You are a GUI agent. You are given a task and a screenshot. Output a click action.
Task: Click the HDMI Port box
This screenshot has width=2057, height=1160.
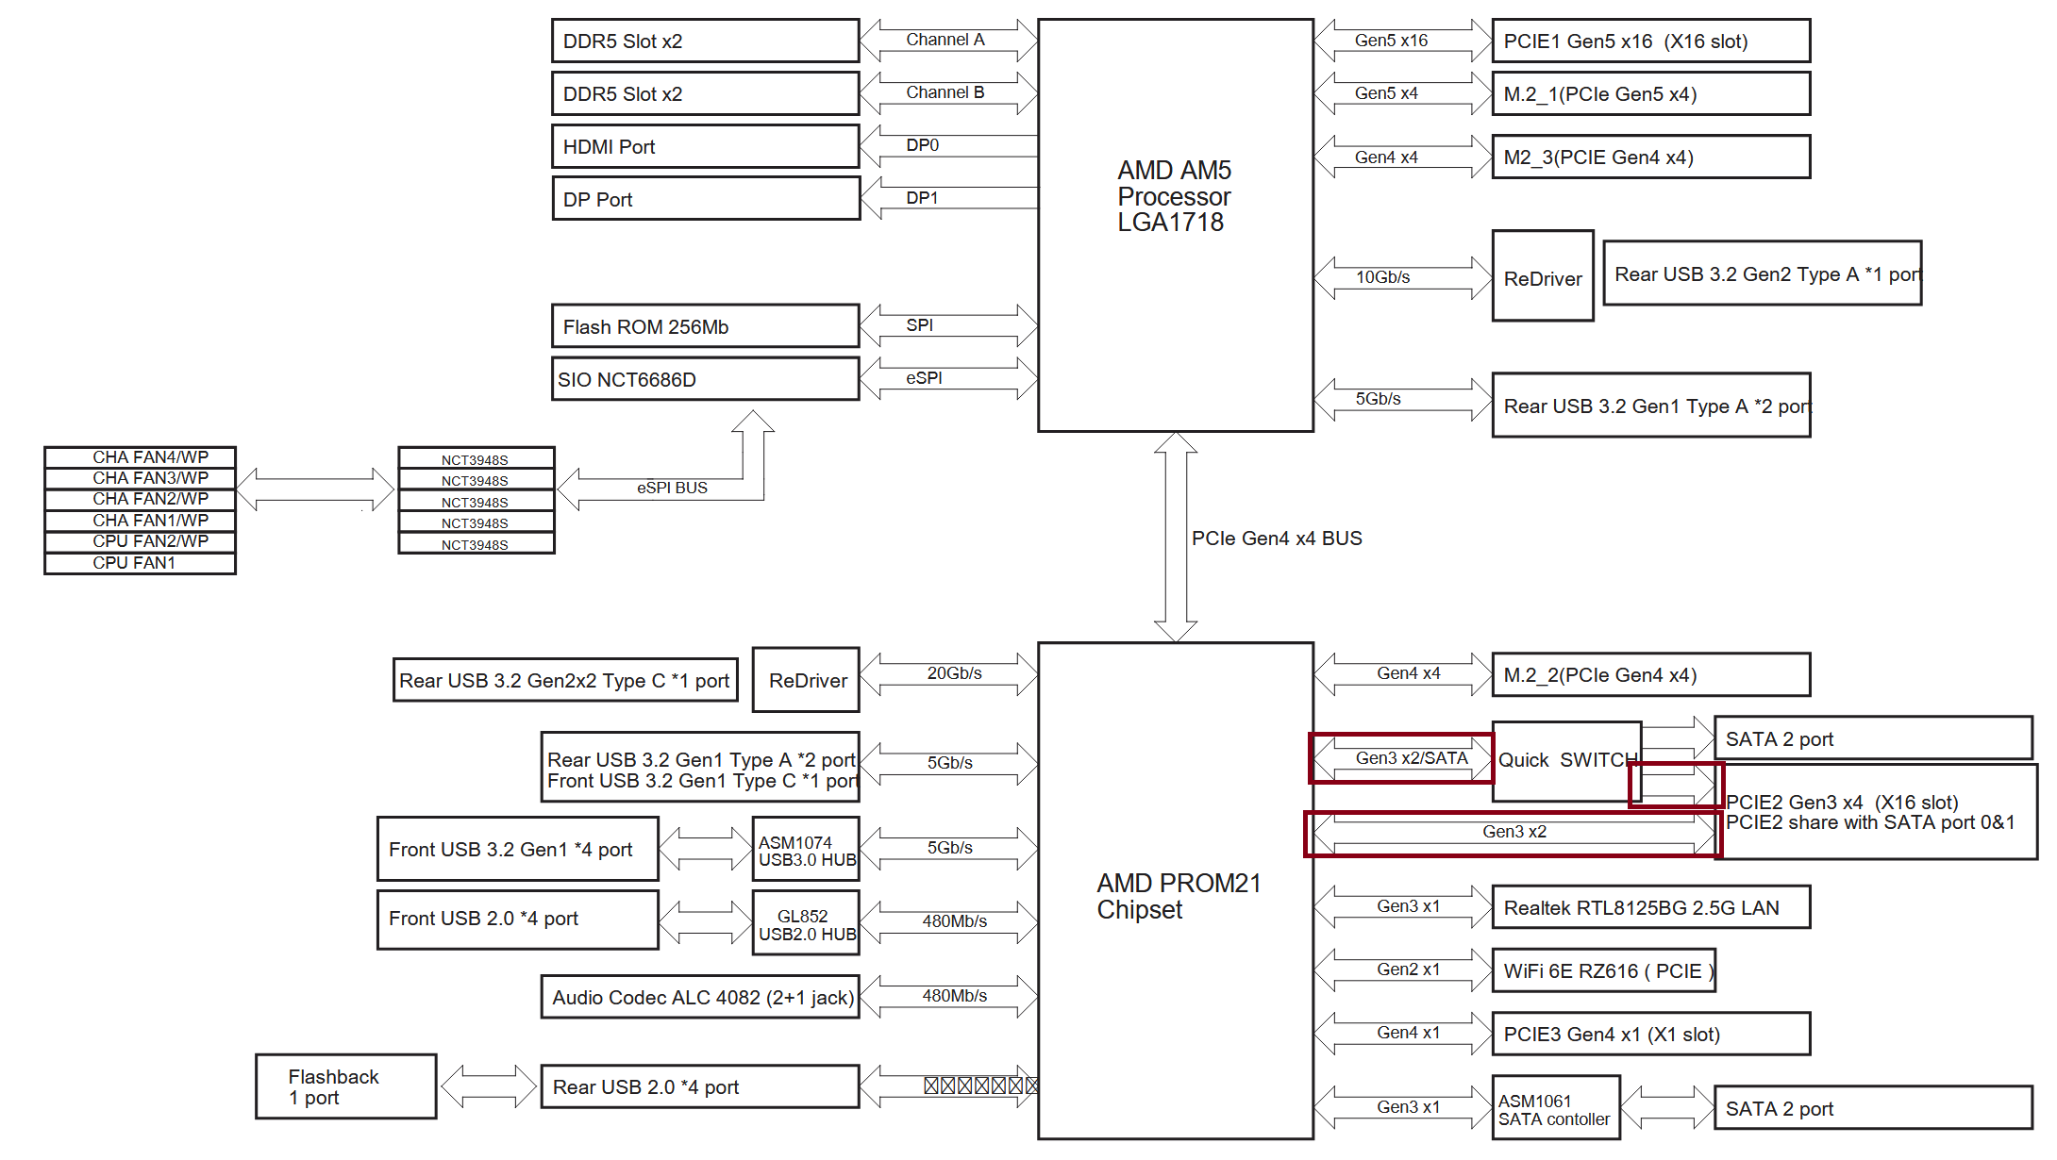[705, 147]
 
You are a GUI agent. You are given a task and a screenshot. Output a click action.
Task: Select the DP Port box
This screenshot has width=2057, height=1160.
[705, 199]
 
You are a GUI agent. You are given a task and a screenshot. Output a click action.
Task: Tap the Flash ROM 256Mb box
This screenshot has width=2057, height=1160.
[705, 326]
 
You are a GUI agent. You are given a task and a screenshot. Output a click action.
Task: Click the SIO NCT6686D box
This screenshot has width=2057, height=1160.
[705, 379]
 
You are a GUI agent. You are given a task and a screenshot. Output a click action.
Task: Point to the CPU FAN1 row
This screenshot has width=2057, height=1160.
[140, 563]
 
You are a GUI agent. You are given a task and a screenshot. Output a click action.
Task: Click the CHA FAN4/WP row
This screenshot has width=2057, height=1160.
[140, 457]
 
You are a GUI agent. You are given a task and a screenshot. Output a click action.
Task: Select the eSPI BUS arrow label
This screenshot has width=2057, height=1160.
[672, 488]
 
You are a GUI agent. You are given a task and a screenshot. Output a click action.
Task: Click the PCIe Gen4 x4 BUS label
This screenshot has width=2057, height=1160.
[1277, 539]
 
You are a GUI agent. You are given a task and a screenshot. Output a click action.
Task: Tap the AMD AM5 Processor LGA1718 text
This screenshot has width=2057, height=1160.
[1174, 196]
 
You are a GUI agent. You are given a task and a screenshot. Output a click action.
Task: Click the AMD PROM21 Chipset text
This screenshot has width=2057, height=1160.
[1178, 896]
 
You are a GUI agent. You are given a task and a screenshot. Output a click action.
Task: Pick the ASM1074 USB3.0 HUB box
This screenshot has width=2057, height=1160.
[806, 851]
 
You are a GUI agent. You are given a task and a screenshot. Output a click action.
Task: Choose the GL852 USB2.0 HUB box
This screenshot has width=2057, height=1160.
[806, 924]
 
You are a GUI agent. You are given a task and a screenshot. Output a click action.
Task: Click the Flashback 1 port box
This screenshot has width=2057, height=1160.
[345, 1086]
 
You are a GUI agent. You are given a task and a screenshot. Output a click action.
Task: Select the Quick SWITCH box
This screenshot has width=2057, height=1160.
[1566, 760]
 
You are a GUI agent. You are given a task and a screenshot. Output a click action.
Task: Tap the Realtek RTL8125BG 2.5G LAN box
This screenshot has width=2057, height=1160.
[1650, 907]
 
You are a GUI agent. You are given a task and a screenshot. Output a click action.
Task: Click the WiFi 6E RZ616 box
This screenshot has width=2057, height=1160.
[1603, 970]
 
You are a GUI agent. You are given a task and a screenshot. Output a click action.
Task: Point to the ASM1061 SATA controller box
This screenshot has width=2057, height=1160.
[1555, 1109]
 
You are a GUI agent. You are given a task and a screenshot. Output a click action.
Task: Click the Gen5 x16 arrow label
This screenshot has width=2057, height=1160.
[1391, 41]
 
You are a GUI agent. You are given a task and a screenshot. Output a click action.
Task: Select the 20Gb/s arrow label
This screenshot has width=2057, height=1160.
[954, 673]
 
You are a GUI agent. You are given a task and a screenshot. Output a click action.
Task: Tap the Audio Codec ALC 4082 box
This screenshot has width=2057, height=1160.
[700, 997]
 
